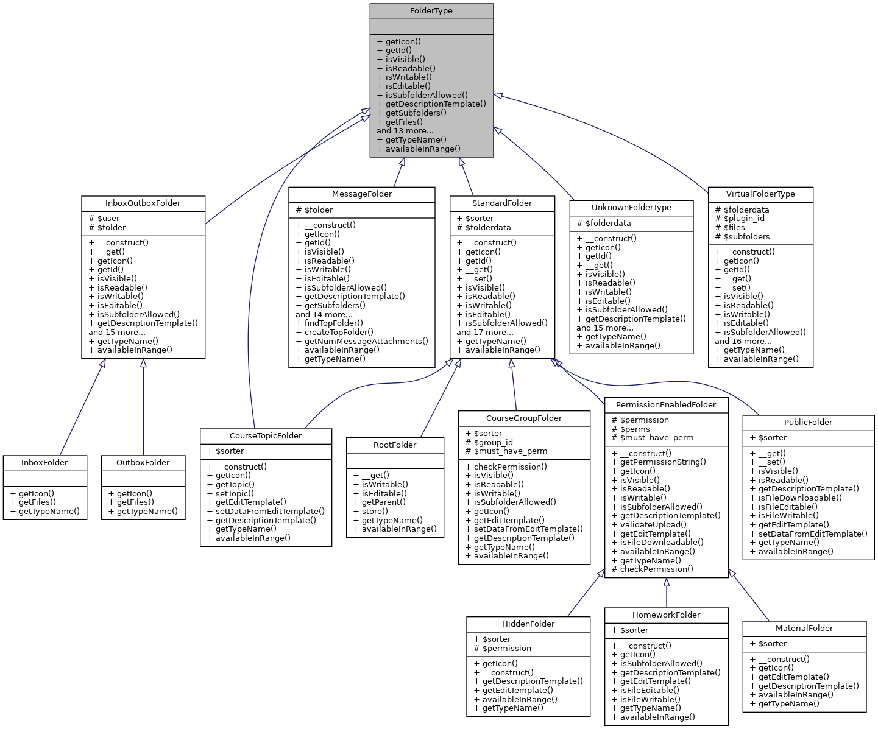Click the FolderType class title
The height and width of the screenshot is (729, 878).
point(431,11)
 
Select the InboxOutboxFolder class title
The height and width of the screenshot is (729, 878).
point(143,203)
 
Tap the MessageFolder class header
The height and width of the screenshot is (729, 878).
point(361,194)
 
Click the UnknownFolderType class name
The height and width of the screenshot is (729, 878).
point(631,208)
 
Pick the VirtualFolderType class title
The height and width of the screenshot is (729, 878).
point(760,194)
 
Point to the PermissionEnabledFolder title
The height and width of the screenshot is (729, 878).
point(665,405)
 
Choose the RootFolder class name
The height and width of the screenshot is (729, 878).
point(395,445)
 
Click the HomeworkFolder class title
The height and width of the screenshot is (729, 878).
point(666,615)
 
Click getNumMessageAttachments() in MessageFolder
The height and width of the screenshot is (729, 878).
point(361,342)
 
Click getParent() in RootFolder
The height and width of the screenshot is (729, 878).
point(383,502)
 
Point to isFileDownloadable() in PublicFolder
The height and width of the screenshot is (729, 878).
point(799,498)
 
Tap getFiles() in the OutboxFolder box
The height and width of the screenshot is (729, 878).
point(135,502)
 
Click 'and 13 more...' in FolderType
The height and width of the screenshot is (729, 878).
point(405,131)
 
